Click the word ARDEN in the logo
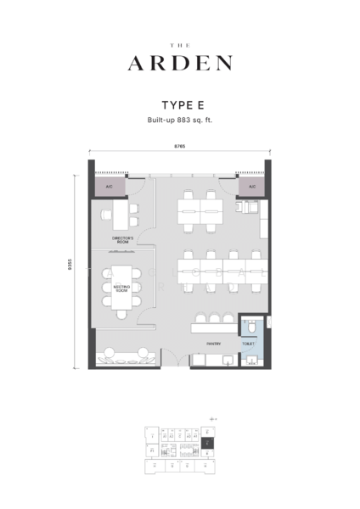180,62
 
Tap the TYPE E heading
180,106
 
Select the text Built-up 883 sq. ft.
180,121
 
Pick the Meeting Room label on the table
121,289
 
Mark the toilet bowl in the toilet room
252,327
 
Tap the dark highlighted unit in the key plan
208,444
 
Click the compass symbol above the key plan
213,419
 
